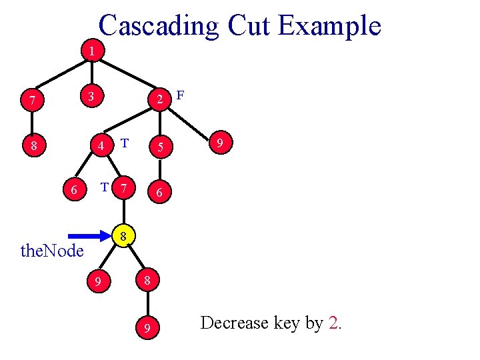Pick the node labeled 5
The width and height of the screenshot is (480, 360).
tap(159, 146)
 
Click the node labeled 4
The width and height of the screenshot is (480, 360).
tap(99, 145)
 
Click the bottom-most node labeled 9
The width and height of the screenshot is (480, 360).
tap(147, 328)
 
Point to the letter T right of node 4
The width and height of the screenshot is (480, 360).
tap(125, 143)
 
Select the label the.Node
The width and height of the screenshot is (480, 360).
tap(53, 251)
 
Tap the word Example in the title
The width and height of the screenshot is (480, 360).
tap(329, 26)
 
